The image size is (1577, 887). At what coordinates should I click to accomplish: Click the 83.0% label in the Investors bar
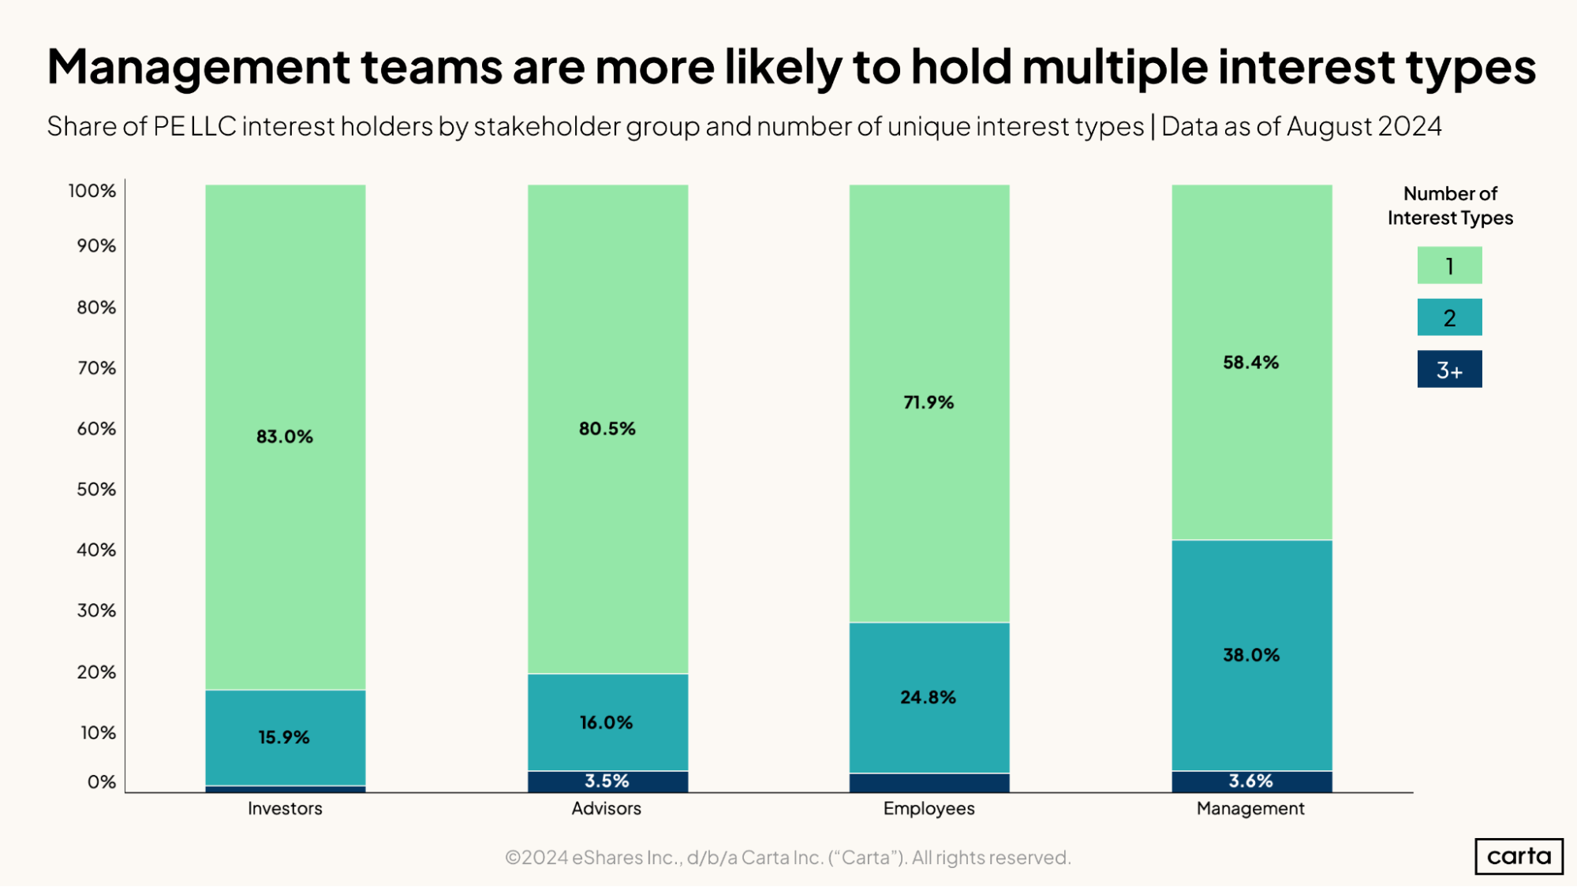pyautogui.click(x=285, y=437)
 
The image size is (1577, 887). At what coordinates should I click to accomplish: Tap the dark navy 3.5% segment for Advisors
pyautogui.click(x=607, y=781)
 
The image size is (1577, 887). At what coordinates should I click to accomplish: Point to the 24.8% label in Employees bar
pyautogui.click(x=928, y=698)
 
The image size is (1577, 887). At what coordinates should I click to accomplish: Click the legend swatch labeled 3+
pyautogui.click(x=1449, y=369)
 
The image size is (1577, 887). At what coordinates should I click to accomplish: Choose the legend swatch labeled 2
pyautogui.click(x=1449, y=317)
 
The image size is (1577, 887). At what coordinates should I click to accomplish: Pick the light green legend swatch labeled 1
pyautogui.click(x=1449, y=266)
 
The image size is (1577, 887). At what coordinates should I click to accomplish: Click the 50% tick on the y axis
pyautogui.click(x=96, y=490)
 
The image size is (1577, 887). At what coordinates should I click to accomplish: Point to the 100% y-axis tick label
pyautogui.click(x=92, y=191)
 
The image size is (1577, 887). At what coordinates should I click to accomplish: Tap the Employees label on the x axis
pyautogui.click(x=929, y=808)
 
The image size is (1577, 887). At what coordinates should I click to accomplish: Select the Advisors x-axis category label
pyautogui.click(x=606, y=808)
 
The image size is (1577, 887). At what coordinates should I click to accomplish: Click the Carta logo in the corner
pyautogui.click(x=1519, y=856)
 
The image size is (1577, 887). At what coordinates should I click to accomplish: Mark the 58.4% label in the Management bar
pyautogui.click(x=1250, y=363)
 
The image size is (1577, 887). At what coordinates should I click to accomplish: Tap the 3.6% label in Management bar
pyautogui.click(x=1250, y=781)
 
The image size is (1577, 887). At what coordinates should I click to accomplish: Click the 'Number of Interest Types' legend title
pyautogui.click(x=1450, y=206)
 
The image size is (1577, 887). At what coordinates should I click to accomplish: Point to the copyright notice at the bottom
pyautogui.click(x=787, y=857)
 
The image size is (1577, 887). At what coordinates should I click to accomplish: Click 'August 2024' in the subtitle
pyautogui.click(x=1364, y=126)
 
